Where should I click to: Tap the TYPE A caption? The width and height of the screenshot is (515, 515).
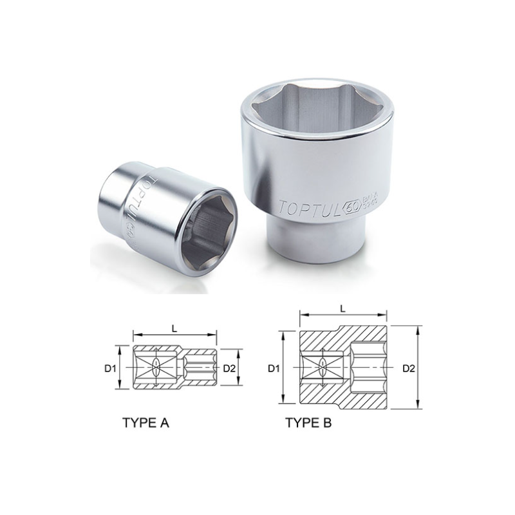pos(145,424)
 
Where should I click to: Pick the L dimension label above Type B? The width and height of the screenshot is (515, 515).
pos(343,309)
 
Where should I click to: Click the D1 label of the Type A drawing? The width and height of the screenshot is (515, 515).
pos(109,369)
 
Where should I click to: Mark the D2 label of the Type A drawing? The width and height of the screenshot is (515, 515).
pos(229,369)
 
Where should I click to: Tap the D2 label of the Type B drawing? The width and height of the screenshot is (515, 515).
pos(408,369)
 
